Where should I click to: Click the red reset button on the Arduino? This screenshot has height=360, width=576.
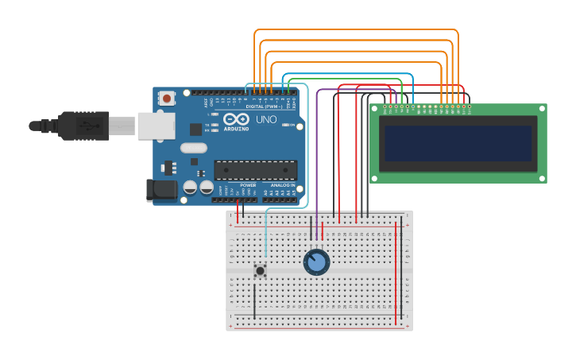167,99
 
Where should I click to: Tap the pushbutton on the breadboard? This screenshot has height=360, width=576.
260,270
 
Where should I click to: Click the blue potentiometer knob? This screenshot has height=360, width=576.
316,262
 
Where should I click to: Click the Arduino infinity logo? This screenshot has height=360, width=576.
236,119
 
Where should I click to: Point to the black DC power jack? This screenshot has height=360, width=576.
160,189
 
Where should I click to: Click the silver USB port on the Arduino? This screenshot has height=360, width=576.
156,126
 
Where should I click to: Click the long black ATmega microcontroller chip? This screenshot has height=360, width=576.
255,169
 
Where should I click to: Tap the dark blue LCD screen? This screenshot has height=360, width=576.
458,143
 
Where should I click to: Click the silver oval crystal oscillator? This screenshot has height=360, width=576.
193,148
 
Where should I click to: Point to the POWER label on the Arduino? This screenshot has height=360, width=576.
248,185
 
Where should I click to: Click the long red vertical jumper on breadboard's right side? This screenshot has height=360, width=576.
396,274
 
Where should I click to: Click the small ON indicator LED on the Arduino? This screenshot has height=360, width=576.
292,126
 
